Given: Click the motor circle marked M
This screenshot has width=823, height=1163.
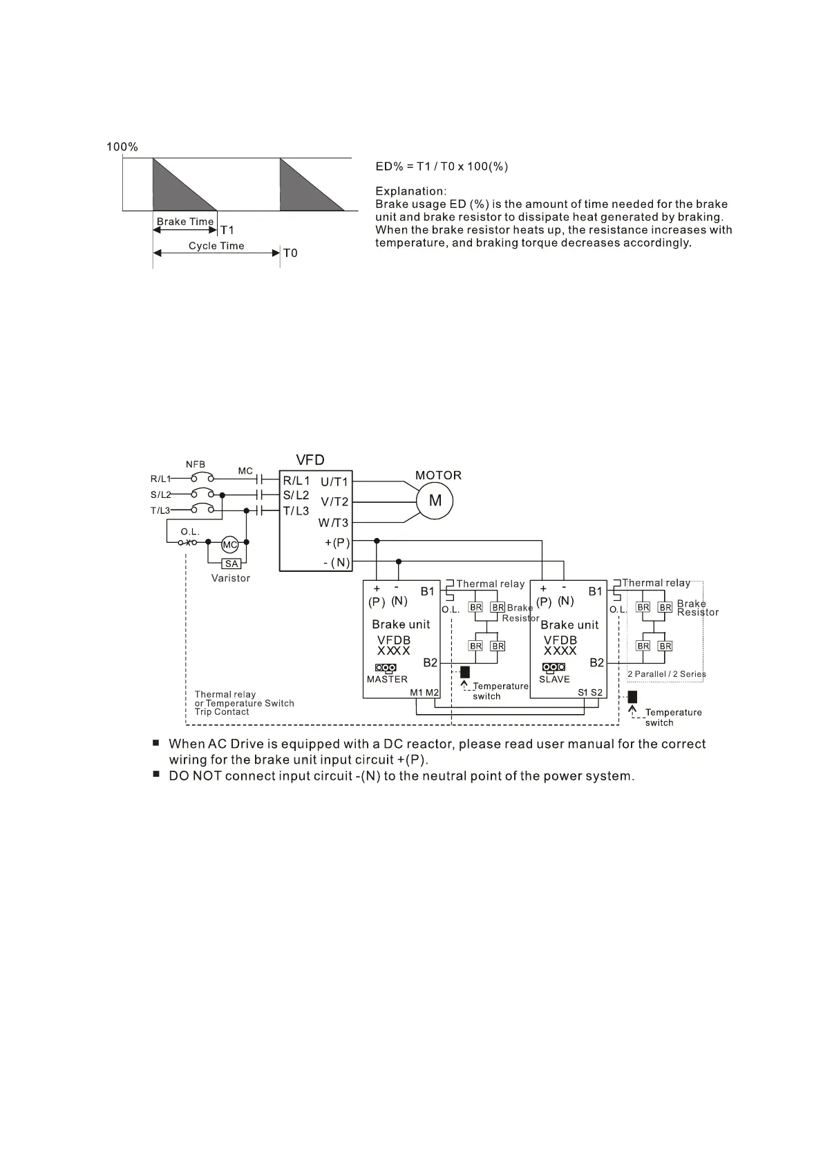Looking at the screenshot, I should click(435, 501).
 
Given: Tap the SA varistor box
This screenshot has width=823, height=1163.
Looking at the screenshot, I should click(231, 564).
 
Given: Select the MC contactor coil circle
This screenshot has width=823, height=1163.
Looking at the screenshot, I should click(229, 545).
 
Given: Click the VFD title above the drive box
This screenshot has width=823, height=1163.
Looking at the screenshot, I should click(310, 461).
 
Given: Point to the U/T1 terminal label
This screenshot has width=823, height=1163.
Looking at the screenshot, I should click(334, 481).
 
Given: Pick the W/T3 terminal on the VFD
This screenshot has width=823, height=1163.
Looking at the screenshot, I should click(334, 523).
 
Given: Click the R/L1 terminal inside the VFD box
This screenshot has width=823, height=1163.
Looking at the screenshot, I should click(296, 480).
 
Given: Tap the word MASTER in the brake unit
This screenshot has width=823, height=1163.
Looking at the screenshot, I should click(387, 680).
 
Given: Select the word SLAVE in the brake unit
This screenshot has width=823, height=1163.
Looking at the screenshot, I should click(554, 680).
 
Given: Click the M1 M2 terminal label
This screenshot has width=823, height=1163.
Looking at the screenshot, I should click(424, 693).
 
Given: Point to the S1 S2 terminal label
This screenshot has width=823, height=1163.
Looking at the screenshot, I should click(590, 693).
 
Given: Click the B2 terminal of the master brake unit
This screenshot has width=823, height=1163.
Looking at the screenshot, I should click(431, 662).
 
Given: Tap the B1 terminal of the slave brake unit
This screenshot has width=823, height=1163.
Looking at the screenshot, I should click(596, 591).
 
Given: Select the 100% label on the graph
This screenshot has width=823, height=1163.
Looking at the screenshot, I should click(122, 147).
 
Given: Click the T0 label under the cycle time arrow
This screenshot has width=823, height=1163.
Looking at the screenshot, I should click(290, 253).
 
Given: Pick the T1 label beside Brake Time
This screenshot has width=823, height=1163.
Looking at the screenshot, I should click(227, 231).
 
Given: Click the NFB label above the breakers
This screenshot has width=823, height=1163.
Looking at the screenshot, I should click(196, 465).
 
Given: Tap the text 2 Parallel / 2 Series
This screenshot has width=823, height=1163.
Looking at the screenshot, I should click(666, 674).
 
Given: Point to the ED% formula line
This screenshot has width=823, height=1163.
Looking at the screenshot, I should click(442, 166).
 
